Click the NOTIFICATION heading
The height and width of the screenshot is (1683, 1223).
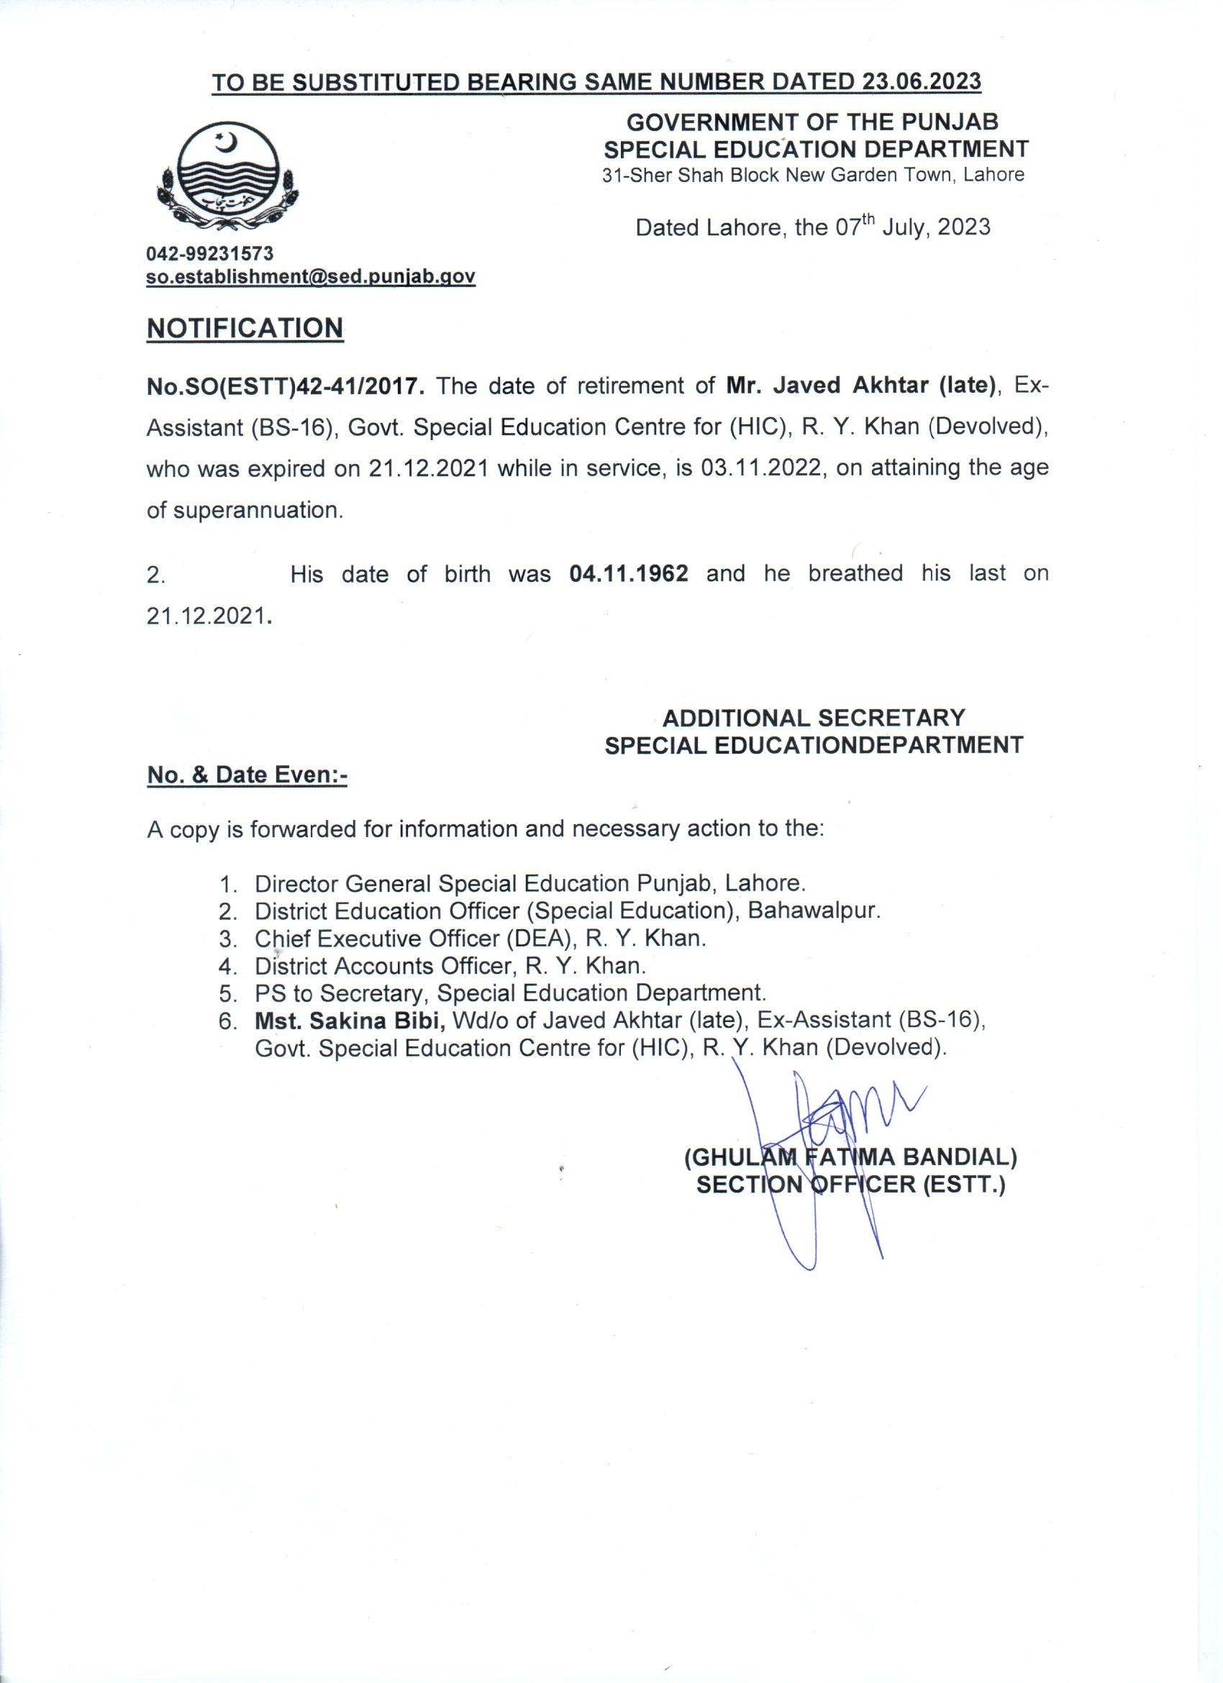(245, 327)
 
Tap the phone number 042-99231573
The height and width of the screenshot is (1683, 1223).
(210, 254)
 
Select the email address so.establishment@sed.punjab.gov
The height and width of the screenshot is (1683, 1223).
(311, 277)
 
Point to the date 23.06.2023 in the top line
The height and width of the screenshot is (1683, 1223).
(921, 81)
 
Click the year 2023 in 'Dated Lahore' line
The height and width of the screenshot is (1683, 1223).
(963, 227)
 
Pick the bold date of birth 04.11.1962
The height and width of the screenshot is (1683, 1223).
(629, 574)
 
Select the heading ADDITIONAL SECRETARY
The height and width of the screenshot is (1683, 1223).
(814, 718)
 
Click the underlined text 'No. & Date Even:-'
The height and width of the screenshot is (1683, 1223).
(247, 775)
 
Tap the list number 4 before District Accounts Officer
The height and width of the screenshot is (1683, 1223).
(227, 966)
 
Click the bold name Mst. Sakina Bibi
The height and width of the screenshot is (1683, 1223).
(350, 1021)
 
